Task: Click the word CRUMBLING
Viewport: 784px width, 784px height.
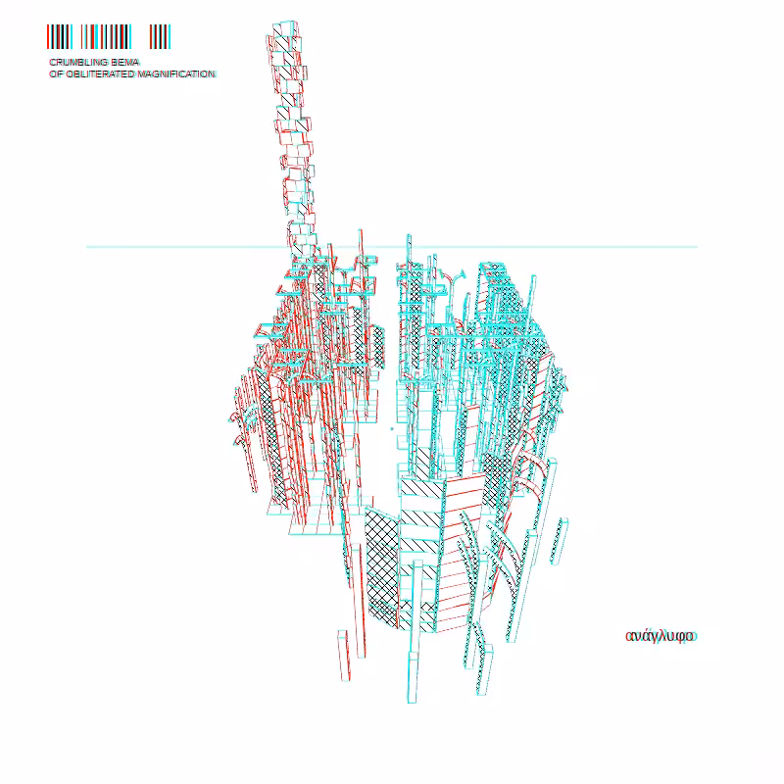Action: point(78,62)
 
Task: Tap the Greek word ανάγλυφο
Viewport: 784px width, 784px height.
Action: point(661,636)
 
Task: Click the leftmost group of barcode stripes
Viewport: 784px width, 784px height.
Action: point(60,36)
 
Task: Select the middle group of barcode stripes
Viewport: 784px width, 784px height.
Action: point(106,36)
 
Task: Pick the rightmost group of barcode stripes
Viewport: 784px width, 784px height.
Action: point(160,36)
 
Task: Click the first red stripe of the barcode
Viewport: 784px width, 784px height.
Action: point(48,36)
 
